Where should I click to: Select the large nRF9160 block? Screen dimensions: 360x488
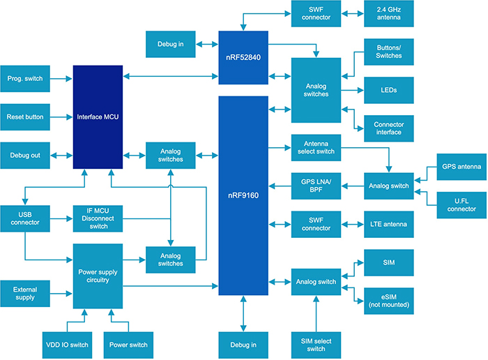[x=243, y=195]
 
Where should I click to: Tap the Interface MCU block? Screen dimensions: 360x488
[x=98, y=117]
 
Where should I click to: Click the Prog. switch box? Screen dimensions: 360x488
[x=25, y=79]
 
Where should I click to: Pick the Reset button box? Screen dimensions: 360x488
[x=25, y=117]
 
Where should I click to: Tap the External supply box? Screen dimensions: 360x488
[x=25, y=292]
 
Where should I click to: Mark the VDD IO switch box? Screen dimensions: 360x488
[x=62, y=344]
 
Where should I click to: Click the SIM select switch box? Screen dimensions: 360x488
[x=316, y=344]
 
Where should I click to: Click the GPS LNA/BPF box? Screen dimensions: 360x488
[x=316, y=186]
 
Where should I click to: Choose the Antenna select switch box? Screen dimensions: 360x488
[x=316, y=147]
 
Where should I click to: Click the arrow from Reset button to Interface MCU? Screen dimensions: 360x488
[x=61, y=117]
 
